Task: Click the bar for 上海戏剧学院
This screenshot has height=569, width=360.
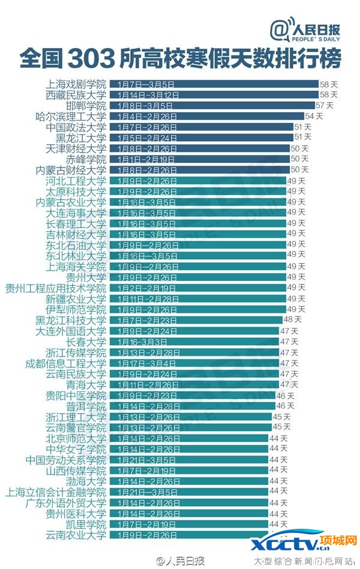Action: click(x=214, y=85)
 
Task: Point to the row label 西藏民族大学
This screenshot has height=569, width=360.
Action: click(x=76, y=95)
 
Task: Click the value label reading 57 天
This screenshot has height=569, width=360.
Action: click(x=324, y=105)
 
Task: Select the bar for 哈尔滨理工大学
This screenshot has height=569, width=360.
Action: click(x=206, y=116)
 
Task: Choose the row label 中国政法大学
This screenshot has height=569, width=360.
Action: click(x=76, y=127)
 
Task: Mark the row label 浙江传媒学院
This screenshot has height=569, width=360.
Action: click(x=76, y=352)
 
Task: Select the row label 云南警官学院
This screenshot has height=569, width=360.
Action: click(x=76, y=428)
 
